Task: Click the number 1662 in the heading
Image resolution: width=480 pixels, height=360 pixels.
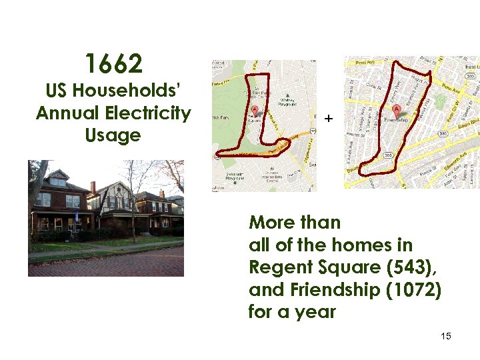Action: point(113,65)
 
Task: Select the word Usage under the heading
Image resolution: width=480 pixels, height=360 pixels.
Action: point(113,135)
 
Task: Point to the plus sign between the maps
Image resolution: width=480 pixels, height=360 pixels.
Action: point(328,119)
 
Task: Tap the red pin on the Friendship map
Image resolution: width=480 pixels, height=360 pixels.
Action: point(397,109)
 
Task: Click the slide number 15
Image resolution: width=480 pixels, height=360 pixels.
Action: point(446,336)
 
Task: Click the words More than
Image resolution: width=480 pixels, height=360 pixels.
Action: point(295,223)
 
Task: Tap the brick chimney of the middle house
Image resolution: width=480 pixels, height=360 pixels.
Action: point(93,187)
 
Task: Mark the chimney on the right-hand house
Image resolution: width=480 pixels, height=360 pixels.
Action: point(162,193)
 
